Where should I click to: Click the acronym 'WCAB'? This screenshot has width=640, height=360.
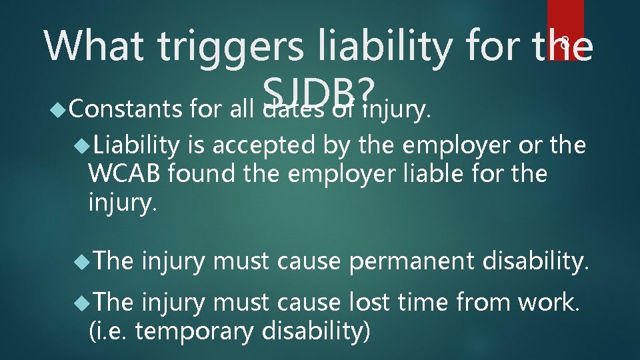tap(124, 174)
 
